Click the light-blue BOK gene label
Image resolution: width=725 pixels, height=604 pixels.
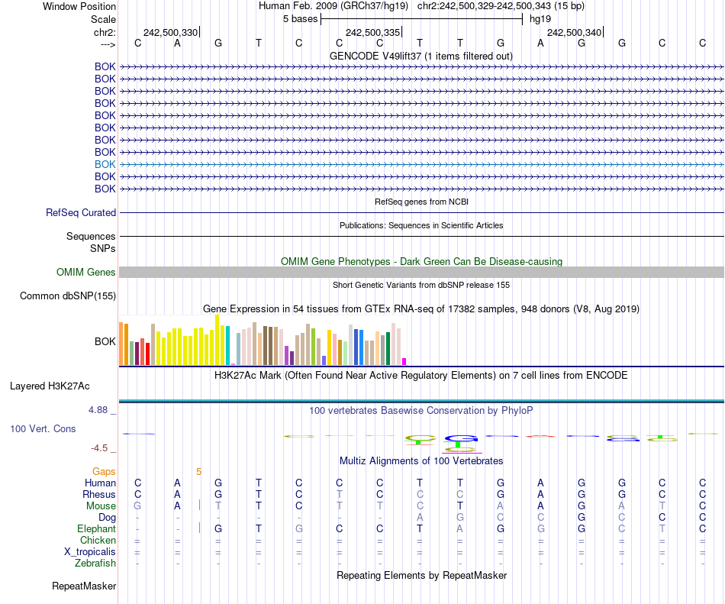pos(105,164)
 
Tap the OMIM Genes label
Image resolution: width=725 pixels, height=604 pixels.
pos(86,273)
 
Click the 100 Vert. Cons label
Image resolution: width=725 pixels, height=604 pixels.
pos(43,429)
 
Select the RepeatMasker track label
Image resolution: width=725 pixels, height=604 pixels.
pos(84,586)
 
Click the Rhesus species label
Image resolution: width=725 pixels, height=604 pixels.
pos(98,495)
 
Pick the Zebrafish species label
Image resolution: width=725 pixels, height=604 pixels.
pos(95,564)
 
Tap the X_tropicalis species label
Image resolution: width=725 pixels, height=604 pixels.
pos(91,552)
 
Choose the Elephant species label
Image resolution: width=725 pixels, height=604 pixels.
pos(96,529)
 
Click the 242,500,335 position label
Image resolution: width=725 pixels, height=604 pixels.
pos(372,33)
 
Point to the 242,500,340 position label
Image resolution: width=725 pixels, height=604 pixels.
pos(574,33)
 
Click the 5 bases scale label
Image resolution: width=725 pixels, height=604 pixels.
pos(301,18)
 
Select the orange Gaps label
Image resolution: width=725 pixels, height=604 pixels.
pos(104,472)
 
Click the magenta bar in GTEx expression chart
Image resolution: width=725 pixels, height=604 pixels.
pos(404,361)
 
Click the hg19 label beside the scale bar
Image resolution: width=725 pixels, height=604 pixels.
pos(540,18)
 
